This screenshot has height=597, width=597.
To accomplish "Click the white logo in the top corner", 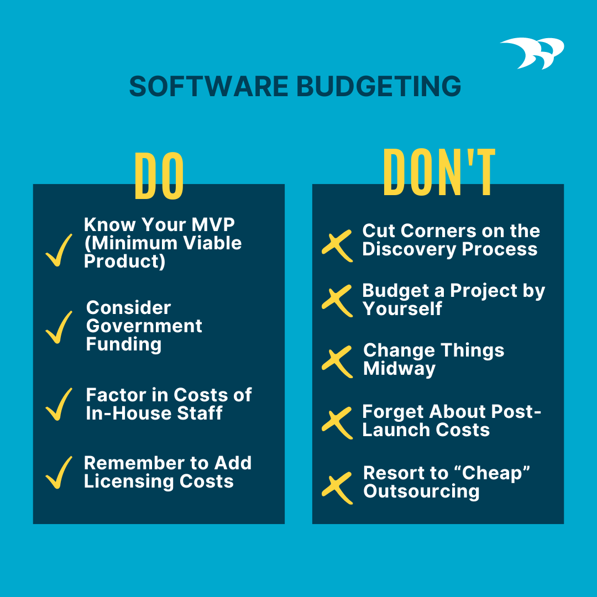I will coord(532,53).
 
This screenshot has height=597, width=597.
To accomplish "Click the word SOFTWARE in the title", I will coord(208,87).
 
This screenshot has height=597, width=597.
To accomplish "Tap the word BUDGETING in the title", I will coord(379,87).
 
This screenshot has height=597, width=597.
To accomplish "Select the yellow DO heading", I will coord(159,176).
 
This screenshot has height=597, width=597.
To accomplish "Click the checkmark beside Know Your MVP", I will coord(59,250).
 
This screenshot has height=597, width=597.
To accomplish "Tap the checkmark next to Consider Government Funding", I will coord(59,327).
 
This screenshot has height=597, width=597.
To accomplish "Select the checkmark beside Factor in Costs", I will coord(59,404).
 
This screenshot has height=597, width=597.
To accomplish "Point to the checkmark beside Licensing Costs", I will coord(59,472).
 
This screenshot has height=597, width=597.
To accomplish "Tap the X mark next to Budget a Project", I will coord(337,301).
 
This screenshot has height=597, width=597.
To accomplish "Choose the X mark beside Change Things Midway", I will coord(337,362).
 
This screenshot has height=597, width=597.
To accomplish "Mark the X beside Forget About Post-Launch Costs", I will coord(337,422).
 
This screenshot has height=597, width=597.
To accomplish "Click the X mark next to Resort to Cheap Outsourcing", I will coord(337,488).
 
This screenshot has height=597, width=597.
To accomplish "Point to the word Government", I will coord(144,326).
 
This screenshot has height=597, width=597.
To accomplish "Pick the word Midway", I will coord(399,369).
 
